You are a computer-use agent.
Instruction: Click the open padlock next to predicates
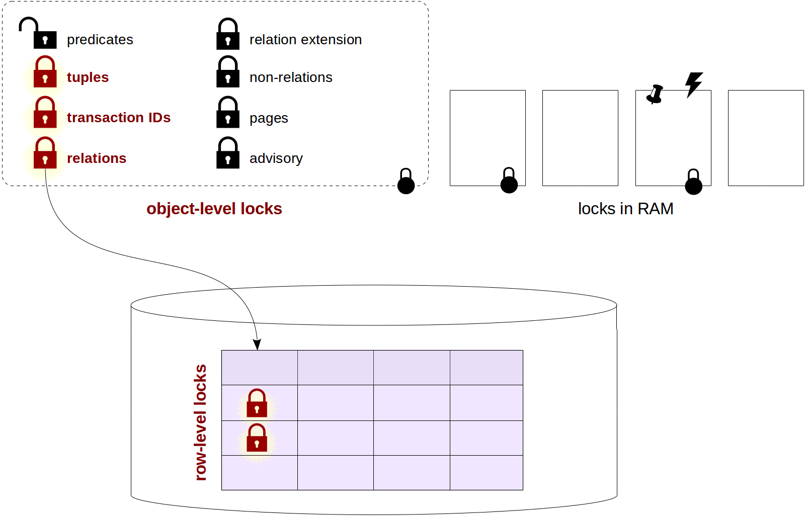click(39, 34)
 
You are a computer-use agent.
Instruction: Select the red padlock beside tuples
click(45, 72)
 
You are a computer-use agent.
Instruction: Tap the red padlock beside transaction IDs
click(45, 113)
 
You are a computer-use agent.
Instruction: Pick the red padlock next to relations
click(45, 153)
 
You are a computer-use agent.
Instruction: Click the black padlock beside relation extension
click(227, 34)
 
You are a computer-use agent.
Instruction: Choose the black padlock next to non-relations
click(227, 72)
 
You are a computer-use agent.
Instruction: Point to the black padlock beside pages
click(227, 113)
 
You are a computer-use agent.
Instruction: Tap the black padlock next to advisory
click(227, 153)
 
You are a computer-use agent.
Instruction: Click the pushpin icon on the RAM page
click(655, 94)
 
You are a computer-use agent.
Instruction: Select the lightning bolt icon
click(693, 84)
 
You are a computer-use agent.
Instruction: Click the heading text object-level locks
click(214, 209)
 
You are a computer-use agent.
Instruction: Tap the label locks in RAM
click(625, 209)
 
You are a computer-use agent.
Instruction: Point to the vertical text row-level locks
click(200, 422)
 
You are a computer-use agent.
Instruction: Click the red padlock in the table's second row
click(257, 403)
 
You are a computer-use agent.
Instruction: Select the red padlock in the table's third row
click(257, 438)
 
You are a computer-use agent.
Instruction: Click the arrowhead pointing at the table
click(257, 345)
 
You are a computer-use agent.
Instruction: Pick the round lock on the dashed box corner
click(406, 182)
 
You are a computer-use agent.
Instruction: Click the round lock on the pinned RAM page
click(693, 183)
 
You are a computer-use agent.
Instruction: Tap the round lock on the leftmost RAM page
click(509, 182)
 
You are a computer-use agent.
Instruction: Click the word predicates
click(100, 40)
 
